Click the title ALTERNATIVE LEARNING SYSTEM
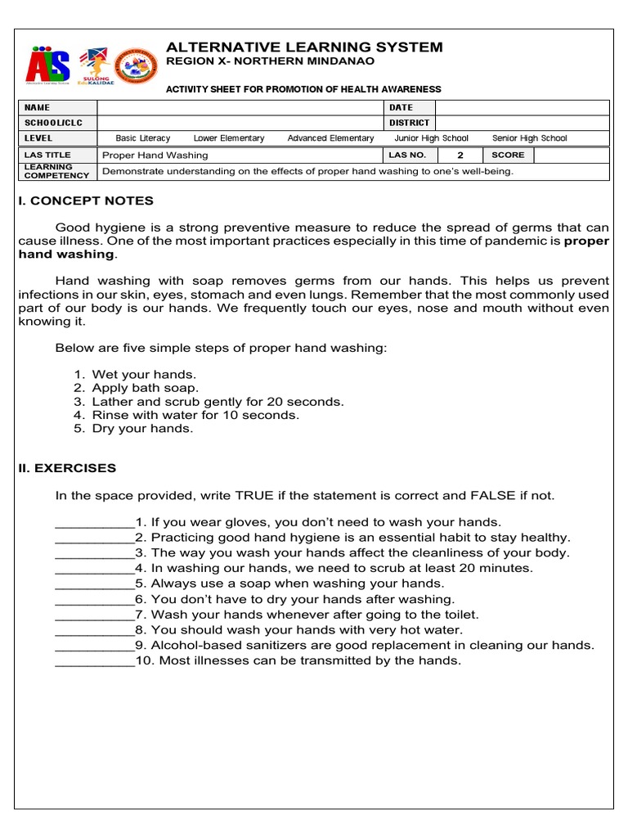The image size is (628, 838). (304, 47)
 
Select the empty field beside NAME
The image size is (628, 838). (240, 107)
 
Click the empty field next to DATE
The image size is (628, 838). (522, 107)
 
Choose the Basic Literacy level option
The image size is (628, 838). (143, 138)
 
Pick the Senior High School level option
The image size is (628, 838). (529, 138)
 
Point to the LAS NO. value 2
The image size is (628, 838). (460, 155)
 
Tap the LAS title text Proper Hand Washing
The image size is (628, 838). (155, 155)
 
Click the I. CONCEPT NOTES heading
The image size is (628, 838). (86, 201)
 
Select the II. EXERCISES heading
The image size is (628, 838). (67, 468)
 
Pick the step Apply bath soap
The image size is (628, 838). (146, 388)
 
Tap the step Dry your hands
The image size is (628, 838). (142, 428)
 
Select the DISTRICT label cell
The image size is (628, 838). (409, 123)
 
